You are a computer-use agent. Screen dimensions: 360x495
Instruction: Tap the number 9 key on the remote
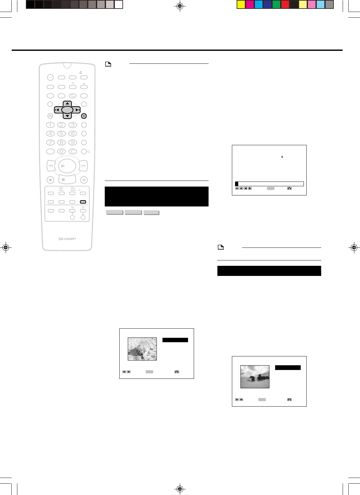coord(73,142)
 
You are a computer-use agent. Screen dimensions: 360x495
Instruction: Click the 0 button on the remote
coord(62,152)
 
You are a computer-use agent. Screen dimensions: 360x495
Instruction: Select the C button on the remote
coord(73,152)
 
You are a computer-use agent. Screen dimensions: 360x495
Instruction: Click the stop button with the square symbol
coord(63,179)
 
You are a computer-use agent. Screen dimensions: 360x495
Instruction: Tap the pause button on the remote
coord(84,180)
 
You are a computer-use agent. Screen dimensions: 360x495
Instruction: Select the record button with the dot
coord(50,180)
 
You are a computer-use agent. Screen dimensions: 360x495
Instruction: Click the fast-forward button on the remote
coord(84,165)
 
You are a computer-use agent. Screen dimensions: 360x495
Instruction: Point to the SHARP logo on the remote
coord(67,239)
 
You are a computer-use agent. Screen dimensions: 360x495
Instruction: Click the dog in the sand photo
coord(142,349)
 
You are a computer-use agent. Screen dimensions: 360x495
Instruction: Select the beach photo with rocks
coord(255,377)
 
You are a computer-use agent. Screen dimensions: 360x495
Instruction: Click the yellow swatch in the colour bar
coord(241,4)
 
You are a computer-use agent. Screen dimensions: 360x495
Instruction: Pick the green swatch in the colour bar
coord(276,4)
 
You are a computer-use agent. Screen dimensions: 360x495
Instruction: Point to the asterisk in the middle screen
coord(282,157)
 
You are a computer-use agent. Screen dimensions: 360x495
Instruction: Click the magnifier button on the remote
coord(73,96)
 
